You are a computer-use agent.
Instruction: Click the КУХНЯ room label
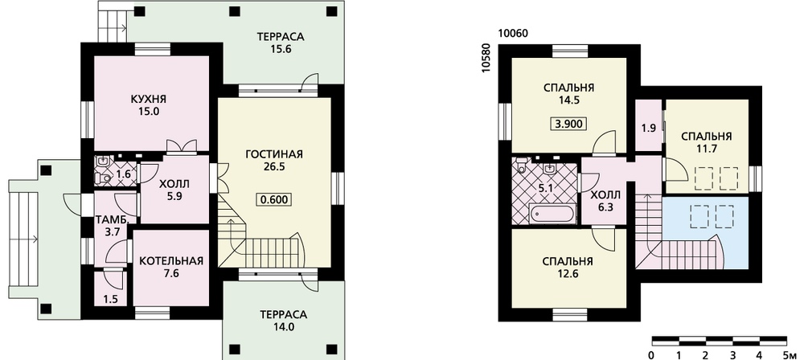149,100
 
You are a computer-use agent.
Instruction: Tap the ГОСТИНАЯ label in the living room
274,154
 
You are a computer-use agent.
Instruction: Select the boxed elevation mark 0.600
274,199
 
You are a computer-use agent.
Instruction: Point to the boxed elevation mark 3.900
568,124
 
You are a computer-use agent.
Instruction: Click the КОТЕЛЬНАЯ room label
171,261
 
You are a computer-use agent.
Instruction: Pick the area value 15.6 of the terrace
281,49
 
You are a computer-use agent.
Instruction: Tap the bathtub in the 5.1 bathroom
553,213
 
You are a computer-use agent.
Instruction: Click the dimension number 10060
513,34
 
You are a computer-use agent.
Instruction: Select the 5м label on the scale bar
790,355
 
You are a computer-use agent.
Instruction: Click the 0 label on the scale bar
650,355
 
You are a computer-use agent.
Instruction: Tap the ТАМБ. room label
109,220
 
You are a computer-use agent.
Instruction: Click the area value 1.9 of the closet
649,129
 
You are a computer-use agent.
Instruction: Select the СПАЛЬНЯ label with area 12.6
568,262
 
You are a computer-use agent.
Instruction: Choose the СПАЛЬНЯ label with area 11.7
706,137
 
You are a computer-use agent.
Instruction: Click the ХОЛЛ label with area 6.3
605,195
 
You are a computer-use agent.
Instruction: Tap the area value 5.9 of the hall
174,194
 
